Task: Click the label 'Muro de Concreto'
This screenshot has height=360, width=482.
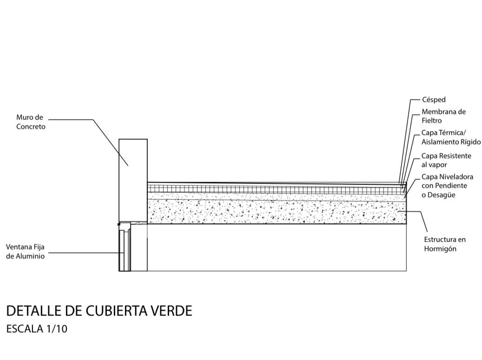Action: (31, 122)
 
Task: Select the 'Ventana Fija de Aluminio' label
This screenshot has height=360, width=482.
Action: (26, 251)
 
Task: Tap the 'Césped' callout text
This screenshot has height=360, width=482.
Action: (434, 100)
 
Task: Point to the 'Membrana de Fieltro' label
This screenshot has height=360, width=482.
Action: (443, 116)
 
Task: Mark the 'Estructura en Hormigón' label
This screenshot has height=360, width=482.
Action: (444, 244)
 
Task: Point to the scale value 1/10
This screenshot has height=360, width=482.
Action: (57, 329)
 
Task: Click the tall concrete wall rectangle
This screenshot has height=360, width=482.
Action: (133, 179)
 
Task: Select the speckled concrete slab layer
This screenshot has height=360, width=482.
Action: (277, 211)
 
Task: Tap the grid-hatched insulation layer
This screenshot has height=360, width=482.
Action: (277, 188)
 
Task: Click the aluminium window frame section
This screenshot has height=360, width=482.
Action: (125, 249)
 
